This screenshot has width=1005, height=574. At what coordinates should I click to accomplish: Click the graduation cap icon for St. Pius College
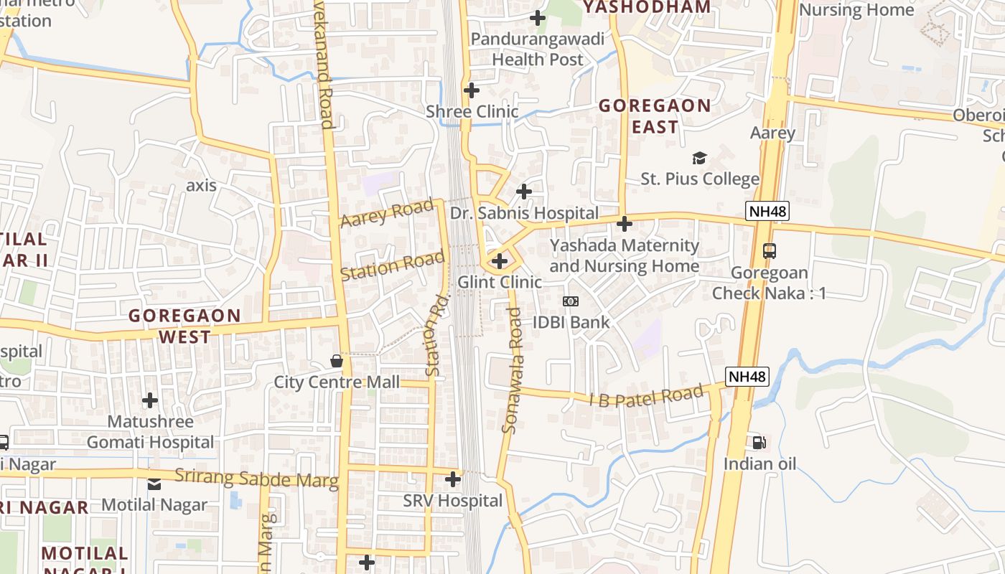click(698, 158)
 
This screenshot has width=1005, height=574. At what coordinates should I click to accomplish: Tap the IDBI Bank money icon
click(571, 301)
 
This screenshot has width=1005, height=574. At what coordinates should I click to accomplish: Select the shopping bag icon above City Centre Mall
click(336, 360)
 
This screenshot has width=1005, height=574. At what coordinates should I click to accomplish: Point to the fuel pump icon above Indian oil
click(759, 442)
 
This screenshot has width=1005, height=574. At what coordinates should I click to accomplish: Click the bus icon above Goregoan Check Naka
click(770, 251)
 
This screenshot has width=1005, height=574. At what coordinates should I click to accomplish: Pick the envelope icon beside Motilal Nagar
click(154, 484)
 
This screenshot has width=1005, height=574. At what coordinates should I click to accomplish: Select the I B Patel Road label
click(646, 397)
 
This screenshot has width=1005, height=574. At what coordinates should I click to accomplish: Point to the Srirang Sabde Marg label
click(256, 478)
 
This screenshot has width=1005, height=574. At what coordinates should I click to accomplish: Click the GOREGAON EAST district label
click(655, 116)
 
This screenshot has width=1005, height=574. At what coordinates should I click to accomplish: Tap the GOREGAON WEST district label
click(184, 326)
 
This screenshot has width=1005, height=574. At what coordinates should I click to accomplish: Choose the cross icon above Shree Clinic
click(472, 91)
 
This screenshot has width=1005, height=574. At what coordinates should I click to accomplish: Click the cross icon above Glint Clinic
click(500, 261)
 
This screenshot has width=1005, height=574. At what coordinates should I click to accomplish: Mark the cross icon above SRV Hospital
click(453, 479)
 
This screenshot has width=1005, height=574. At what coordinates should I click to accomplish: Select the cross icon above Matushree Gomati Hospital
click(150, 400)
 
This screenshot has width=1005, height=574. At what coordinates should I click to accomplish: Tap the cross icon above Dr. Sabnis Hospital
click(524, 192)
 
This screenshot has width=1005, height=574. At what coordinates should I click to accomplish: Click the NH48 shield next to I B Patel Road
click(747, 376)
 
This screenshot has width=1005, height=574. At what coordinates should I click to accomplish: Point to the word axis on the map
click(201, 185)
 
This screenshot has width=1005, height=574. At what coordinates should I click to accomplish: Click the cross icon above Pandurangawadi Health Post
click(537, 18)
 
